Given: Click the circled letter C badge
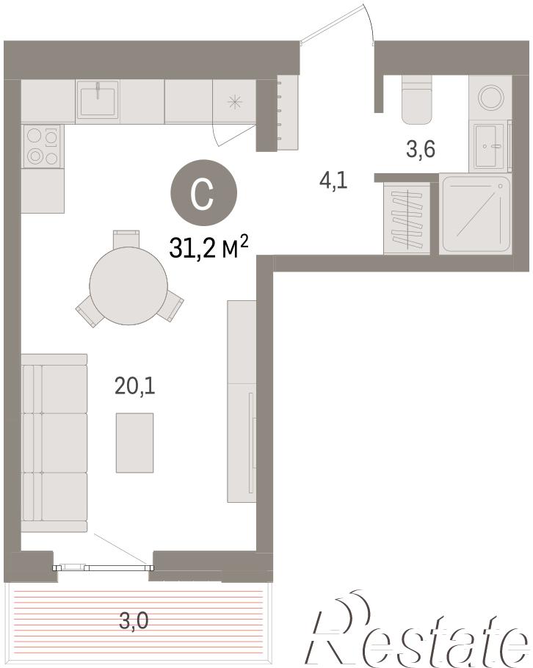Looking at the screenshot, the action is click(203, 192).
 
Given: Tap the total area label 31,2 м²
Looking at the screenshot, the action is click(209, 247).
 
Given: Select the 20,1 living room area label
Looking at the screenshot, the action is click(134, 386).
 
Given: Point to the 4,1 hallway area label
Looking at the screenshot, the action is click(333, 181).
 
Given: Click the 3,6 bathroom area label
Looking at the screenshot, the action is click(421, 149).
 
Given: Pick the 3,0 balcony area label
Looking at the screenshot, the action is click(134, 620).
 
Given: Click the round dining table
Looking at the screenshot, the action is click(128, 286).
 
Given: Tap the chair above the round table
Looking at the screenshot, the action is click(126, 239).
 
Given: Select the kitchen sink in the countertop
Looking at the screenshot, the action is click(98, 101).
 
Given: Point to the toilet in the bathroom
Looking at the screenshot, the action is click(417, 100).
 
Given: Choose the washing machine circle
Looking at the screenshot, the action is click(490, 97).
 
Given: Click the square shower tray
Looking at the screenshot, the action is click(476, 214).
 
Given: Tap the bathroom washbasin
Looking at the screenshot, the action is click(490, 146).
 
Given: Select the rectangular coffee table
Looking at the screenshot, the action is click(134, 442).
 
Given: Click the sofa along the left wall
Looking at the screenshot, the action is click(54, 443).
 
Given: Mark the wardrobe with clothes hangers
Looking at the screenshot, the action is click(407, 218).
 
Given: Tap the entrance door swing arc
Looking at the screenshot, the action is click(370, 22).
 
